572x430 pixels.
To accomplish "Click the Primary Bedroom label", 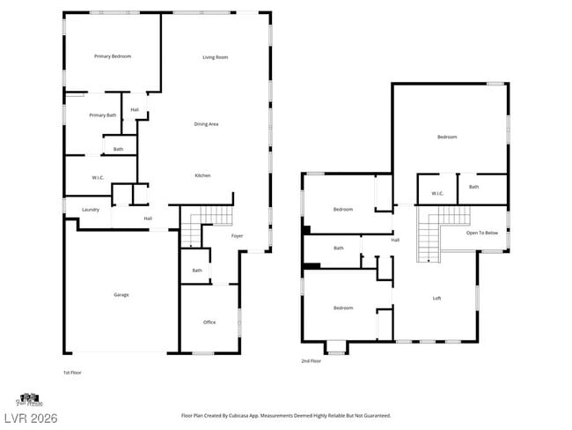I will click(113, 56).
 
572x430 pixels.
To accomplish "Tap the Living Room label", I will click(216, 57).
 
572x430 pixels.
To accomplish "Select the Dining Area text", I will click(206, 124).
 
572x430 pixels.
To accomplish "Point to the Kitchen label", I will click(202, 176).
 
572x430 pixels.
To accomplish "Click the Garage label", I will click(121, 294).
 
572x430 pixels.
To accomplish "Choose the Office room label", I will click(209, 322).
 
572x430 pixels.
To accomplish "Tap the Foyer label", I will click(238, 236).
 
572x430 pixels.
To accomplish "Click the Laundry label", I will click(91, 210).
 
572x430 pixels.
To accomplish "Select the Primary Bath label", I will click(102, 115).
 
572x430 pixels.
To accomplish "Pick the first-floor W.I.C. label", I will click(98, 178).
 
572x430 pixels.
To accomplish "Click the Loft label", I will click(436, 299).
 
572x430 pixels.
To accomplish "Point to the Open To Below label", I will click(482, 233).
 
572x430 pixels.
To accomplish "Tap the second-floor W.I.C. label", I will click(436, 194).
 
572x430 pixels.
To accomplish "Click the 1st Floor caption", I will click(74, 373).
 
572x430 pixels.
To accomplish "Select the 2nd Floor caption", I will click(312, 361).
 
